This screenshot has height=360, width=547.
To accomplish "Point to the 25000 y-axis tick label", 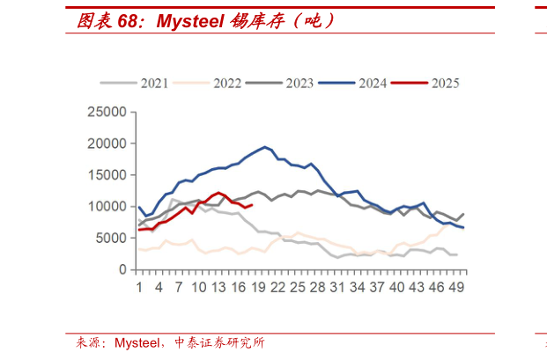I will click(107, 112).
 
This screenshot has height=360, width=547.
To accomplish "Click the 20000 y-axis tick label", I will click(107, 143).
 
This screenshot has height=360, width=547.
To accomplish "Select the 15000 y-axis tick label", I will click(107, 175).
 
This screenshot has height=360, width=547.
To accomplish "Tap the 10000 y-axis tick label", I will click(107, 207).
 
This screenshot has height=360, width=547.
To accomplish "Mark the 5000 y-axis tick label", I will click(110, 238).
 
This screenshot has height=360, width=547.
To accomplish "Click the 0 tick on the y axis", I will click(122, 269).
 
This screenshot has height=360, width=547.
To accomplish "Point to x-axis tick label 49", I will click(456, 287).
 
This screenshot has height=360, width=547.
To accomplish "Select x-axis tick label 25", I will click(298, 287).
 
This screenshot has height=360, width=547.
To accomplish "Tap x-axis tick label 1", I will click(139, 287).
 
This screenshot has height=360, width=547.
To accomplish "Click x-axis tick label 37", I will click(377, 287).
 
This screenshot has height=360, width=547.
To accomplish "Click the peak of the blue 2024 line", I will click(264, 147).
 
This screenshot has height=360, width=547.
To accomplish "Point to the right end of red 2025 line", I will click(252, 205).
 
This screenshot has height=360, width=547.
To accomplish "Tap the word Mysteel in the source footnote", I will click(141, 343).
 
